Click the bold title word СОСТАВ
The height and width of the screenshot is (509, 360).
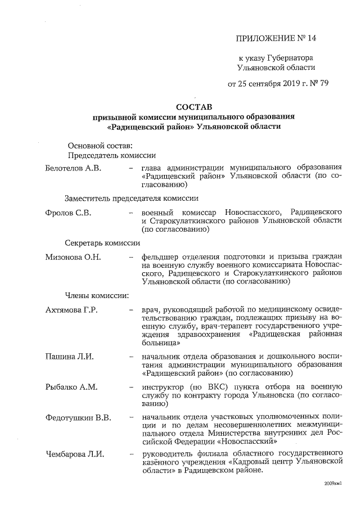[194, 106]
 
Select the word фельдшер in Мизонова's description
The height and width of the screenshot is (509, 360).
[160, 258]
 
